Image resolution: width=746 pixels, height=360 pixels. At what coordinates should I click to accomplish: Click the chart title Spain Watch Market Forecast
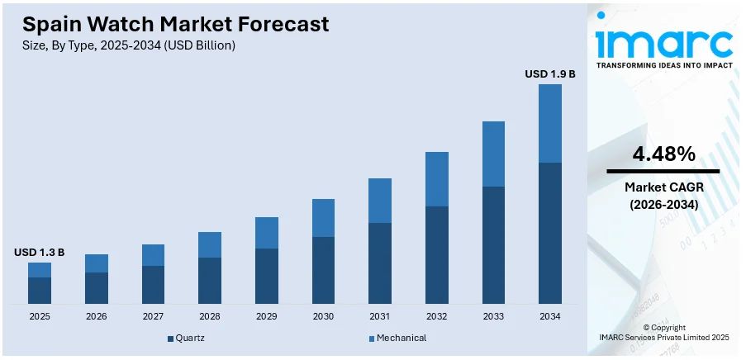coord(175,24)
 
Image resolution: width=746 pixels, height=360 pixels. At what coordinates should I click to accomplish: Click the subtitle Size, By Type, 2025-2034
coord(129,46)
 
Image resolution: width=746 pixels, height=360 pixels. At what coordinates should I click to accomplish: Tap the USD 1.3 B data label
coord(39,252)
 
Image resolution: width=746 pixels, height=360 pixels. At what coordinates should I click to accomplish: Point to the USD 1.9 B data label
coord(549,73)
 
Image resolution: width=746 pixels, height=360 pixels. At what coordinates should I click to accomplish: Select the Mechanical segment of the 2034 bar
coord(549,123)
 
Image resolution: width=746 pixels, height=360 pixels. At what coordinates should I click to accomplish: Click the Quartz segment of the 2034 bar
coord(549,233)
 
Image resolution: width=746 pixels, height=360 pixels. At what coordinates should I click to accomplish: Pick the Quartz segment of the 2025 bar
coord(40,290)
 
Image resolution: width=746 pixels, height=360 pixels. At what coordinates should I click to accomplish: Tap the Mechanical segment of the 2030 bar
coord(323,218)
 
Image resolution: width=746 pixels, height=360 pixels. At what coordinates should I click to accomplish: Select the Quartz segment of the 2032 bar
coord(436,254)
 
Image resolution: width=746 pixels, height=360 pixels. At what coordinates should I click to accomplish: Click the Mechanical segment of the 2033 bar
coord(493,154)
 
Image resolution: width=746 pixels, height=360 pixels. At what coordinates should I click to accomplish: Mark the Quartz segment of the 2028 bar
coord(210,280)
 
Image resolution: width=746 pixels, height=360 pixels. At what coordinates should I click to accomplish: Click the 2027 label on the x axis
coord(153,316)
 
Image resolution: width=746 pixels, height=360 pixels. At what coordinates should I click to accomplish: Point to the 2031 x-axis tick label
coord(379,316)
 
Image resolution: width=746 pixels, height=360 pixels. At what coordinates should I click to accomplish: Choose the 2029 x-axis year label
coord(266,316)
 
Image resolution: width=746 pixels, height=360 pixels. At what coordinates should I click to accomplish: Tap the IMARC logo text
coord(665,43)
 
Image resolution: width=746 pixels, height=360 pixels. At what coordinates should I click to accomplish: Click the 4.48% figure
coord(663,154)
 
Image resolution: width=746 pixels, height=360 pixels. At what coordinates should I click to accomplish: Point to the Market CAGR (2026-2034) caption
coord(663,196)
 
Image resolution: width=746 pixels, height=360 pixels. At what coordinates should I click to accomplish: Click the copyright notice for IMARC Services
coord(663,333)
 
